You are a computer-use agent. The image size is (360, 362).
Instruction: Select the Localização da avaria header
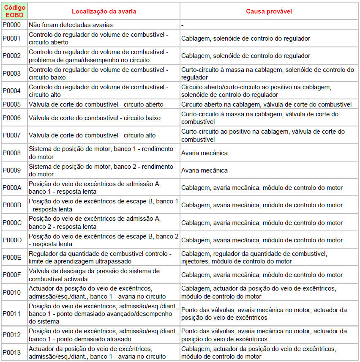click(x=104, y=11)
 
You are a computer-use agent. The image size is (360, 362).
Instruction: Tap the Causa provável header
click(x=269, y=11)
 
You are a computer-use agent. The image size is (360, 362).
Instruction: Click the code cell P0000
click(x=12, y=25)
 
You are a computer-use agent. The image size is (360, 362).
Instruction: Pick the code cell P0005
click(x=12, y=104)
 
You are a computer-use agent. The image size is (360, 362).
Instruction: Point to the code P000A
click(x=12, y=188)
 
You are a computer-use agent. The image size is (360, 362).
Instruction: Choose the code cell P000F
click(x=12, y=275)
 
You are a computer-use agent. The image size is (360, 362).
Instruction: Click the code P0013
click(x=12, y=352)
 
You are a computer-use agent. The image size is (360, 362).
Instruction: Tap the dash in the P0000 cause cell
click(x=182, y=25)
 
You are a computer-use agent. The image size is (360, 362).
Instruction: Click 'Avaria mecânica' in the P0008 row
click(x=205, y=153)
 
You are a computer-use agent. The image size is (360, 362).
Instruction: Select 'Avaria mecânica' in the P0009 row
click(x=205, y=170)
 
